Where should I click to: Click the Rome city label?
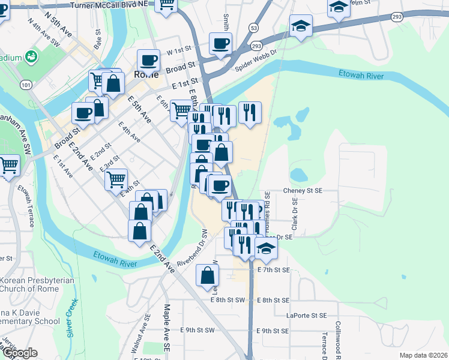146,74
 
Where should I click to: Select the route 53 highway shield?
255,28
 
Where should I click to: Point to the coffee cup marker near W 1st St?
220,43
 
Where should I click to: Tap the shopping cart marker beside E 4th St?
116,179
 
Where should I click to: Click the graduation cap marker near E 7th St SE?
266,247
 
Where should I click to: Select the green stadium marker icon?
31,57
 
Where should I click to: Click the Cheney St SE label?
303,191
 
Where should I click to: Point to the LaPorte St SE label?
307,316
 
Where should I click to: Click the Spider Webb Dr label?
256,59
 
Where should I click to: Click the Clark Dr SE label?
295,215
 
